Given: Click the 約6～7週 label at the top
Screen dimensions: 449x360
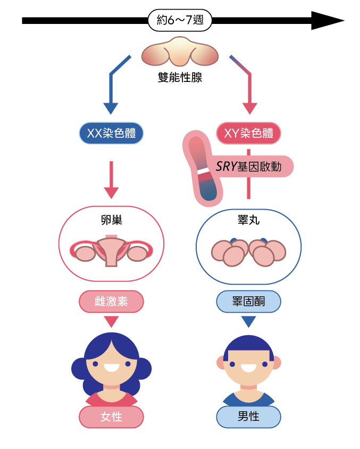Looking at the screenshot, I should coord(180,21).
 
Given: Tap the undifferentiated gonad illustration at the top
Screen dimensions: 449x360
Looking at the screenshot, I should coord(180,52).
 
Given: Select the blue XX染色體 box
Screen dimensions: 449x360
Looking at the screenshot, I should coord(111,133).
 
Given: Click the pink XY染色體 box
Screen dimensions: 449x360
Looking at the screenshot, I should coord(248,133).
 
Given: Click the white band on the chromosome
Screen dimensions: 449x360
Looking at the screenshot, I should coord(204,171).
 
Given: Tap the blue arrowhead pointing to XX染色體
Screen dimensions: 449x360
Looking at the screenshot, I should coord(111,109).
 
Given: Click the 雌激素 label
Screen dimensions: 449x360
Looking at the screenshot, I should coord(111,302).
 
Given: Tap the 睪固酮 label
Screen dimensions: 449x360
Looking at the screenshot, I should coord(248,302).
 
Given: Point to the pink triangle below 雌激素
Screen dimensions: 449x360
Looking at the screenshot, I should coord(111,321).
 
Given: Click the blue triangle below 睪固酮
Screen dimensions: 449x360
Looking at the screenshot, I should coord(248,321).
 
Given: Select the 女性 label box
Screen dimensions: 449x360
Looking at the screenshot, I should coord(111,417).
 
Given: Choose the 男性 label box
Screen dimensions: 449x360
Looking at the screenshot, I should coord(248,417).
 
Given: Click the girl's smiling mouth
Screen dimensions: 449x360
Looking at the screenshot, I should coord(111,367).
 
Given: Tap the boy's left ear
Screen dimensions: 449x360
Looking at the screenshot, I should coord(221,362).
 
